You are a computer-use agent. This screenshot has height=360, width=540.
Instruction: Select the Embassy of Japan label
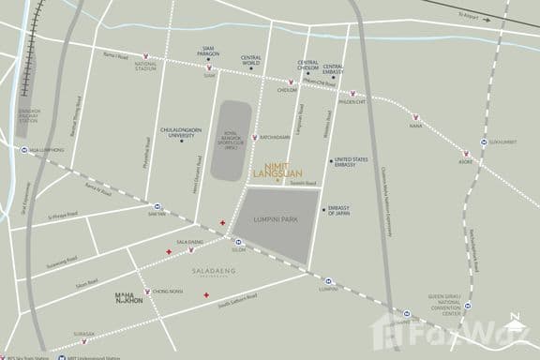(x=343, y=208)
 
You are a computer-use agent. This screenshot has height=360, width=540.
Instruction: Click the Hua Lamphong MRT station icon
(x=21, y=149)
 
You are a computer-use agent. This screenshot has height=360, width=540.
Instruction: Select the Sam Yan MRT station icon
(x=157, y=206)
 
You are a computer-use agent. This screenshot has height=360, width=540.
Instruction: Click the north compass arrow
(x=515, y=317)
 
